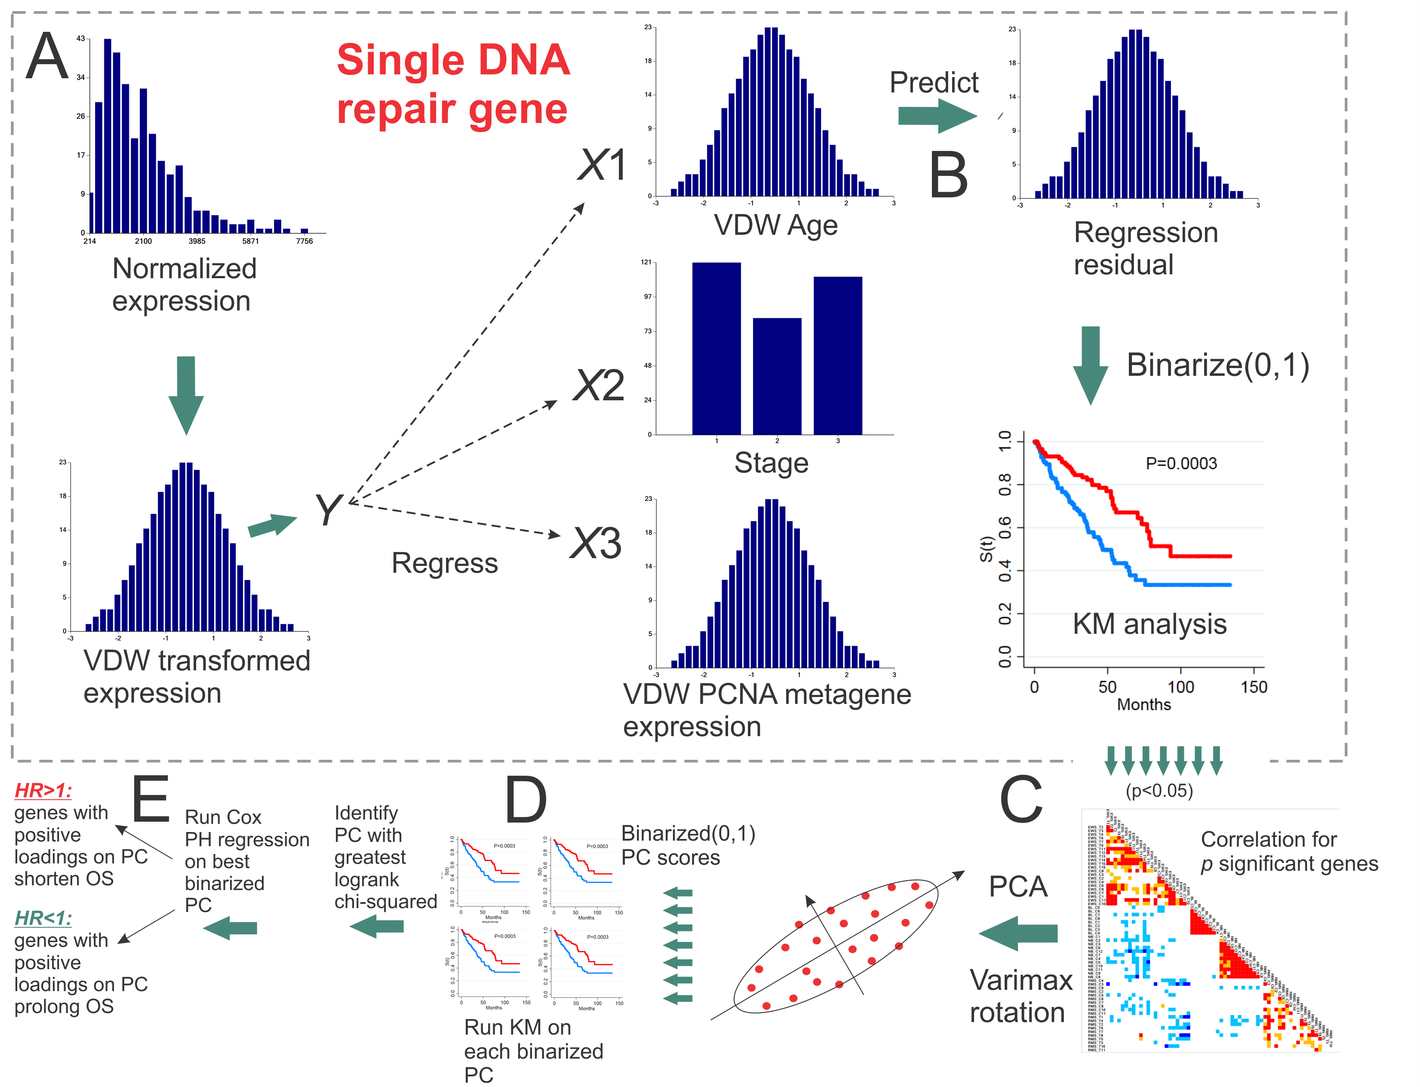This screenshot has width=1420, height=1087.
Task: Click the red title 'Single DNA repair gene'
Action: coord(453,84)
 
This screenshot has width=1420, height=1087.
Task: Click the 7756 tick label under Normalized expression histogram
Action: coord(304,241)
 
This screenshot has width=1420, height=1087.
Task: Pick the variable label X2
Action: coord(599,386)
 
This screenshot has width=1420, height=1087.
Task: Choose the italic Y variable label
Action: coord(328,510)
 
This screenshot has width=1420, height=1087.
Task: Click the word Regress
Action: coord(444,563)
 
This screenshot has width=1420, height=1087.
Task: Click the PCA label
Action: coord(1017,887)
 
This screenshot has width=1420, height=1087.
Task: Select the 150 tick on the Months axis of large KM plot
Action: coord(1253,687)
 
